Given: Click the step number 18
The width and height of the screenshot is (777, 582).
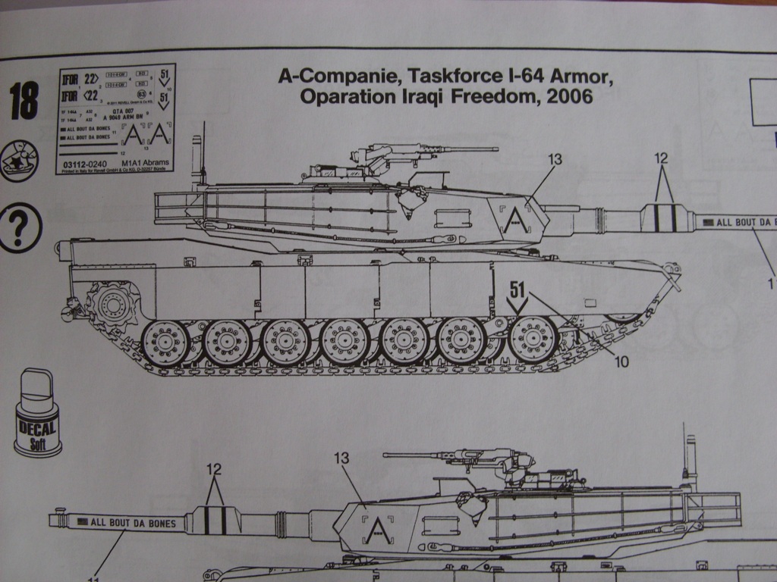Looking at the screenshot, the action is click(24, 102).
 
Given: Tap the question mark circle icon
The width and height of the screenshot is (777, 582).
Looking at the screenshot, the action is click(20, 227).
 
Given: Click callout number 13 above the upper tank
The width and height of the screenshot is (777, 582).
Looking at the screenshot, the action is click(555, 159).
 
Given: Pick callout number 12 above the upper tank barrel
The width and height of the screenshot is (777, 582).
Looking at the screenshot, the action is click(662, 158).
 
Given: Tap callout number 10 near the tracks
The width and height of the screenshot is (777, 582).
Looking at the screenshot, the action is click(621, 361).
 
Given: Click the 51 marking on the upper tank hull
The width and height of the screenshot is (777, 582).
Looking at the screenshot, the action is click(518, 289).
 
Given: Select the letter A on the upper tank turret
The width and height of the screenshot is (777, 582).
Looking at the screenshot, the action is click(515, 219).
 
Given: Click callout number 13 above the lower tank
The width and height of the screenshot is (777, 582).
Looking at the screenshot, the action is click(341, 458).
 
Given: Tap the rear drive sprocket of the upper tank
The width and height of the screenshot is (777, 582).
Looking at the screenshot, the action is click(112, 303).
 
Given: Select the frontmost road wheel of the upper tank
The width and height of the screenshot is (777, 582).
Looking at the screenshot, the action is click(533, 338).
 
